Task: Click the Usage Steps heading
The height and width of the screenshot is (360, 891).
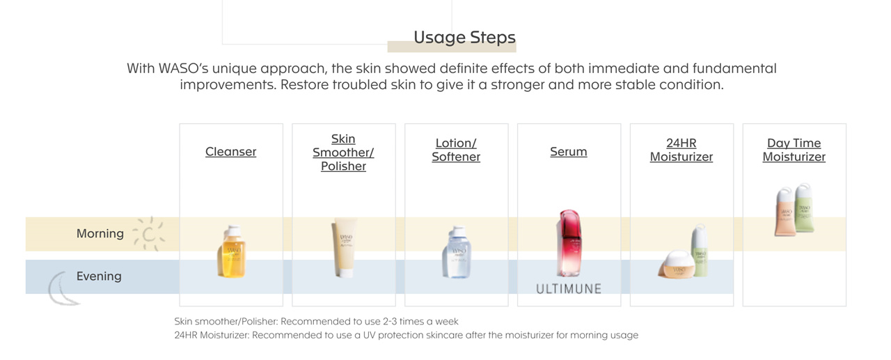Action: coord(464,38)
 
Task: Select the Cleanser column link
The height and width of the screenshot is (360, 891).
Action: coord(230,152)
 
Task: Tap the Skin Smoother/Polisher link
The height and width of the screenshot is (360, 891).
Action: coord(343,152)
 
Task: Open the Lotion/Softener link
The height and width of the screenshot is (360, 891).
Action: coord(456,150)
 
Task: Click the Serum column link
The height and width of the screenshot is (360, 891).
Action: coord(569,152)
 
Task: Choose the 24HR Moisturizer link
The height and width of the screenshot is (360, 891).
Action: coord(681,150)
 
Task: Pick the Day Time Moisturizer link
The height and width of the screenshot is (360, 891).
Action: coord(794,150)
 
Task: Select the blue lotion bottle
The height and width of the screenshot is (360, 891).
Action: coord(456,252)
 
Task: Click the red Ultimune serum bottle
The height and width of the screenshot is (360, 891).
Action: coord(569,243)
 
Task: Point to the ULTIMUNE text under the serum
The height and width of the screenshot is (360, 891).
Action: coord(569,289)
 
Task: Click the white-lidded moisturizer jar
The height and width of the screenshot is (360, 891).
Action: coord(678,264)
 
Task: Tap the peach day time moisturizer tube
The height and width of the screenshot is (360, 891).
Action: coord(785,212)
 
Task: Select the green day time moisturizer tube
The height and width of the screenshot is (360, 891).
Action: coord(804,208)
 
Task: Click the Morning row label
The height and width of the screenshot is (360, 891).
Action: coord(100,233)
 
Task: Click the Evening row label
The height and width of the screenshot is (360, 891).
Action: coord(99,276)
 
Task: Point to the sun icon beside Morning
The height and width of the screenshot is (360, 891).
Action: coord(148,234)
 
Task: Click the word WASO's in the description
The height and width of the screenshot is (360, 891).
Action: coord(183,68)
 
